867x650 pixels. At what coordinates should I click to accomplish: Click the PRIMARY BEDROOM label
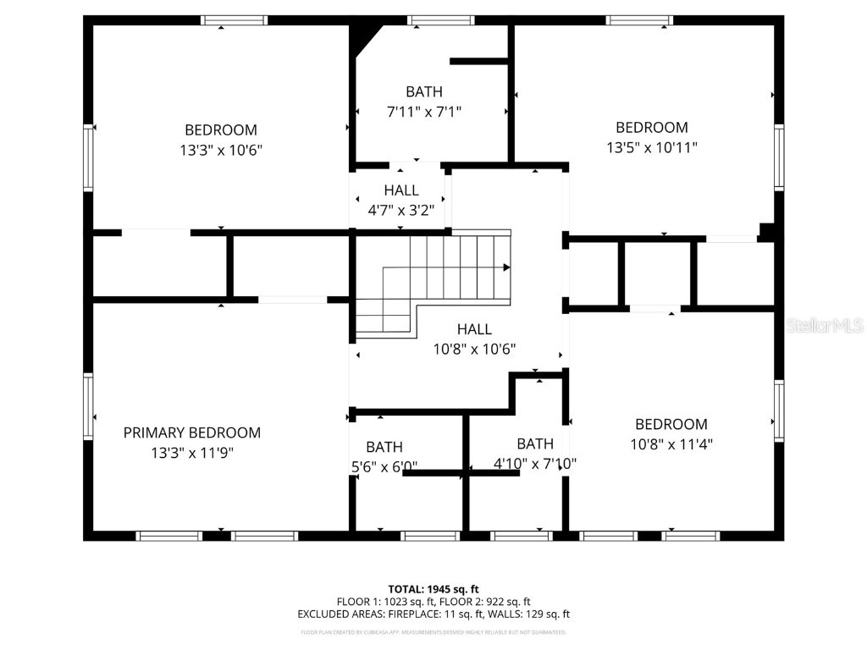192,432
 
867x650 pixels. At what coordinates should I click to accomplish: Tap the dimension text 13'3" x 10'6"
221,150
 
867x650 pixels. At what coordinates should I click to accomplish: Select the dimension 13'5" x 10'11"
651,147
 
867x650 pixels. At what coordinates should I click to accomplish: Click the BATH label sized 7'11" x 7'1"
423,91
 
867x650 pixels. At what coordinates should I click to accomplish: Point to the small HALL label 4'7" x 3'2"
400,190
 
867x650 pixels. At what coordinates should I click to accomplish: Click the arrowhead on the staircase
506,267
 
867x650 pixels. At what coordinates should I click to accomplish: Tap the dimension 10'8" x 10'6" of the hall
474,348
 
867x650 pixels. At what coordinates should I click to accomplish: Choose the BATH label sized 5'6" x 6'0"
384,447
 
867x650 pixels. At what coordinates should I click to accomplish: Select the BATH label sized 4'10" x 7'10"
535,443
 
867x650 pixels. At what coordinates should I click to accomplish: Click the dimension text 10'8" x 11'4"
671,443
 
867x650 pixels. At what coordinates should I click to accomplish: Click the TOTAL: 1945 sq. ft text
433,589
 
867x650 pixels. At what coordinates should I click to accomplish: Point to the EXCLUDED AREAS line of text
433,614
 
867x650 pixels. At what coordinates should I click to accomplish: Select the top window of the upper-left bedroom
234,20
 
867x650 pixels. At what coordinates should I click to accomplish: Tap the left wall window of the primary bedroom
87,407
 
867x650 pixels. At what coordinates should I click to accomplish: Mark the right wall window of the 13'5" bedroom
778,157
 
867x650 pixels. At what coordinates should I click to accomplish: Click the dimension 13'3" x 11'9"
192,453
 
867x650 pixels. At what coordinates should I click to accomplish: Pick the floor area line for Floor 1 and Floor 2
433,602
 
